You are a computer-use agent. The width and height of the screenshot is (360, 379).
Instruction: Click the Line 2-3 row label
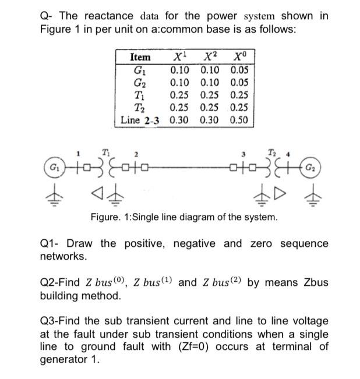coord(140,121)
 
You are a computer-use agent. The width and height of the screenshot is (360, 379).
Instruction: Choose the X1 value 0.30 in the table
coord(181,121)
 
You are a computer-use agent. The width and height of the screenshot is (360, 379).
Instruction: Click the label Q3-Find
coord(60,321)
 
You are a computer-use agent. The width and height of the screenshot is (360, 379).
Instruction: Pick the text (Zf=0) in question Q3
coord(252,347)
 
